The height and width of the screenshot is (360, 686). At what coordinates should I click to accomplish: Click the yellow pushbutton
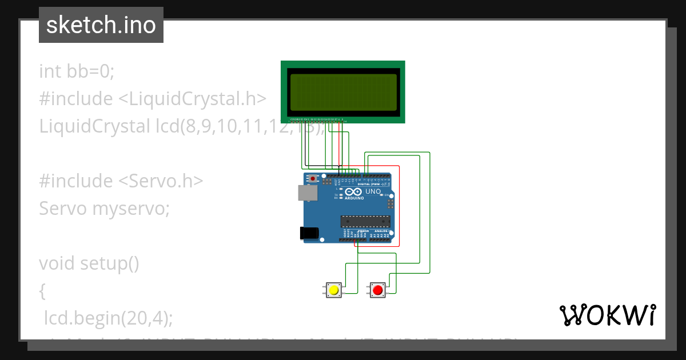click(x=333, y=290)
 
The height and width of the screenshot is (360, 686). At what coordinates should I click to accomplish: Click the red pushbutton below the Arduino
click(x=377, y=290)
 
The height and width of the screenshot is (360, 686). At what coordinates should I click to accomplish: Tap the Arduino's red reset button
click(x=313, y=178)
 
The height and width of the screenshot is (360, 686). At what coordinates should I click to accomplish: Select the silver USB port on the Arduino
click(x=308, y=193)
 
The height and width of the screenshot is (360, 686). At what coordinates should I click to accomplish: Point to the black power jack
click(x=309, y=233)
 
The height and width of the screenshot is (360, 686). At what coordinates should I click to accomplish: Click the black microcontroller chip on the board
click(x=365, y=221)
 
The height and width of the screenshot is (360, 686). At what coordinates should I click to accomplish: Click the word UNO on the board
click(x=373, y=192)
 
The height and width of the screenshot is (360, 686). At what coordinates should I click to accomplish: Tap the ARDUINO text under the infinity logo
click(x=354, y=198)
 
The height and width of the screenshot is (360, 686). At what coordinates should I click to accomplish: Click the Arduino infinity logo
click(x=353, y=192)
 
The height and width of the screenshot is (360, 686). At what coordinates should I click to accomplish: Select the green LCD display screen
click(x=343, y=92)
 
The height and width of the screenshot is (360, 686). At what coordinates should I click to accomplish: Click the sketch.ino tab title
click(x=101, y=25)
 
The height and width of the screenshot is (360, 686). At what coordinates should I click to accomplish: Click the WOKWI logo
click(x=607, y=315)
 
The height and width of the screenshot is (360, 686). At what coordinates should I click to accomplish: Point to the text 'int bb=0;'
click(x=77, y=71)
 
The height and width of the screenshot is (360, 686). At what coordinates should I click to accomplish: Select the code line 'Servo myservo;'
click(x=104, y=209)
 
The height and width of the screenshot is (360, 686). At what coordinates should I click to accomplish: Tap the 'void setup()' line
click(x=89, y=263)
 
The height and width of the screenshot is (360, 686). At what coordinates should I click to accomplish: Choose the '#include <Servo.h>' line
click(x=121, y=181)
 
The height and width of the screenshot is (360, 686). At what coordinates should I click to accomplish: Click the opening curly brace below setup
click(x=42, y=291)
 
